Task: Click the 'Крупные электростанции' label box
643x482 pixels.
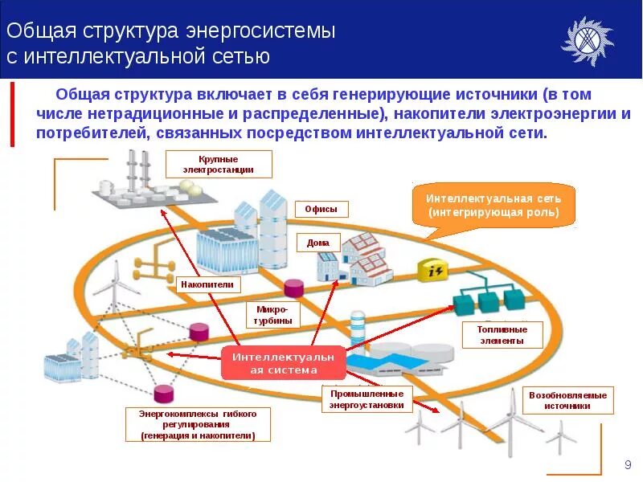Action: pos(219,165)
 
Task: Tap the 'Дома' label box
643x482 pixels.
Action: pos(313,242)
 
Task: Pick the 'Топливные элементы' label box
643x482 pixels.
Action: pos(503,335)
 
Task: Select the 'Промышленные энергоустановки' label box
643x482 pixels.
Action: pos(367,399)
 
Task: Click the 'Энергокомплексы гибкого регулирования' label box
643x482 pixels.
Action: pos(198,424)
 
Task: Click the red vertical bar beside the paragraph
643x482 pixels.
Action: pos(12,113)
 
